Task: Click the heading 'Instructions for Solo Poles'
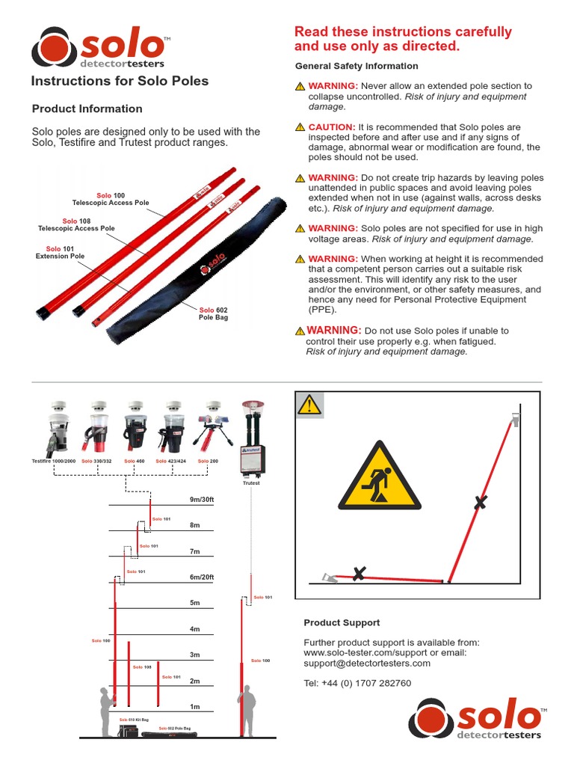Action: [x=119, y=81]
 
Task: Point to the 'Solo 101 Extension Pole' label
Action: [x=60, y=252]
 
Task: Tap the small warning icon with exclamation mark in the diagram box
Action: [x=309, y=405]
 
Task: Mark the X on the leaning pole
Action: [x=480, y=503]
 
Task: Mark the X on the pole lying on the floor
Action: [x=359, y=574]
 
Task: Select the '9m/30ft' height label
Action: [x=201, y=499]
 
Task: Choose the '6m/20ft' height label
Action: [x=201, y=577]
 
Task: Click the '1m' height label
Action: [x=194, y=706]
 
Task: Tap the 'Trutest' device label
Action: [x=251, y=483]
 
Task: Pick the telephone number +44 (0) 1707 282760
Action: [x=357, y=683]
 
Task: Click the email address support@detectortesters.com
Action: [x=367, y=663]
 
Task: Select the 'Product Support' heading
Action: [x=342, y=622]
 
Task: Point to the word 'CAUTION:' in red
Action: [x=332, y=127]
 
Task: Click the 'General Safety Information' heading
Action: [x=357, y=66]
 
